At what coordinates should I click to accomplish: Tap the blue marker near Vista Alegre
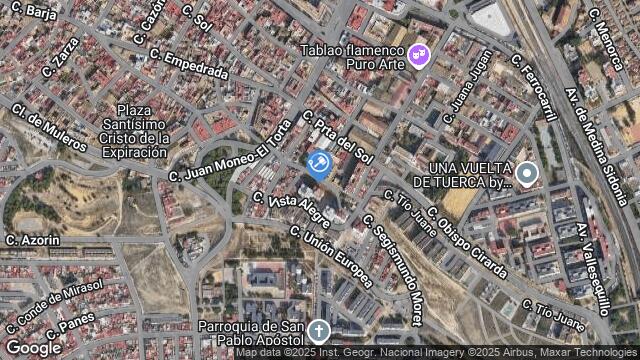pos(319,163)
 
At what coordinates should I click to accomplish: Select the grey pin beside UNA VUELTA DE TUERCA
pos(527,175)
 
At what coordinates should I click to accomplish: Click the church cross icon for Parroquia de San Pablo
pos(318,330)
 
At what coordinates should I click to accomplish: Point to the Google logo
pos(33,347)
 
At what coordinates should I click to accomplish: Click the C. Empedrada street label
pos(196,66)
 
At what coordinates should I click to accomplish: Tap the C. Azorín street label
pos(32,240)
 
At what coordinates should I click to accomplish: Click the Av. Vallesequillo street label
pos(597,261)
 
